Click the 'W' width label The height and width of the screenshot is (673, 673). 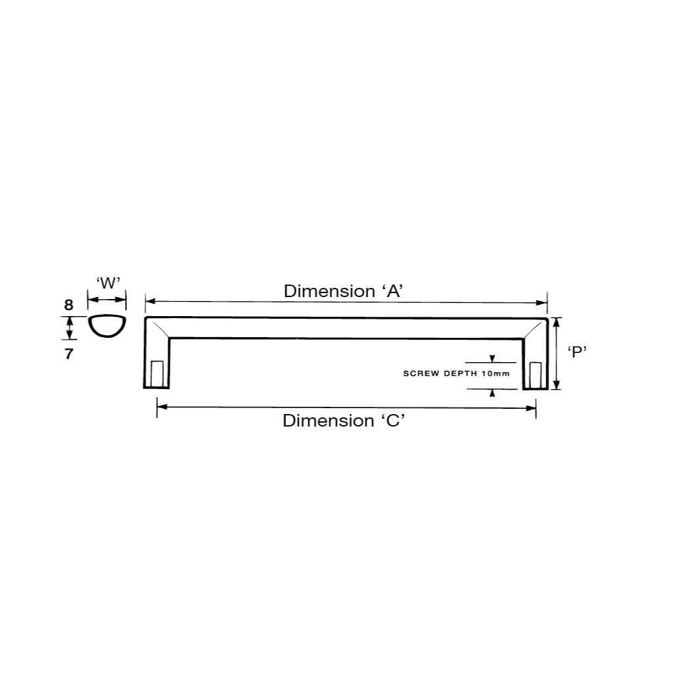click(108, 283)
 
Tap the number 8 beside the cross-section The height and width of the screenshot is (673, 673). click(68, 305)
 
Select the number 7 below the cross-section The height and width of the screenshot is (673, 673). click(69, 354)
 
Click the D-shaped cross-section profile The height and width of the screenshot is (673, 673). click(107, 326)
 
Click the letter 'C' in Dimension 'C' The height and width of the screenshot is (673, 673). click(393, 421)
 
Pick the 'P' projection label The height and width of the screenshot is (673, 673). click(577, 352)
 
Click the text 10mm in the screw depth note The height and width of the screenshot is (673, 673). click(496, 373)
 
